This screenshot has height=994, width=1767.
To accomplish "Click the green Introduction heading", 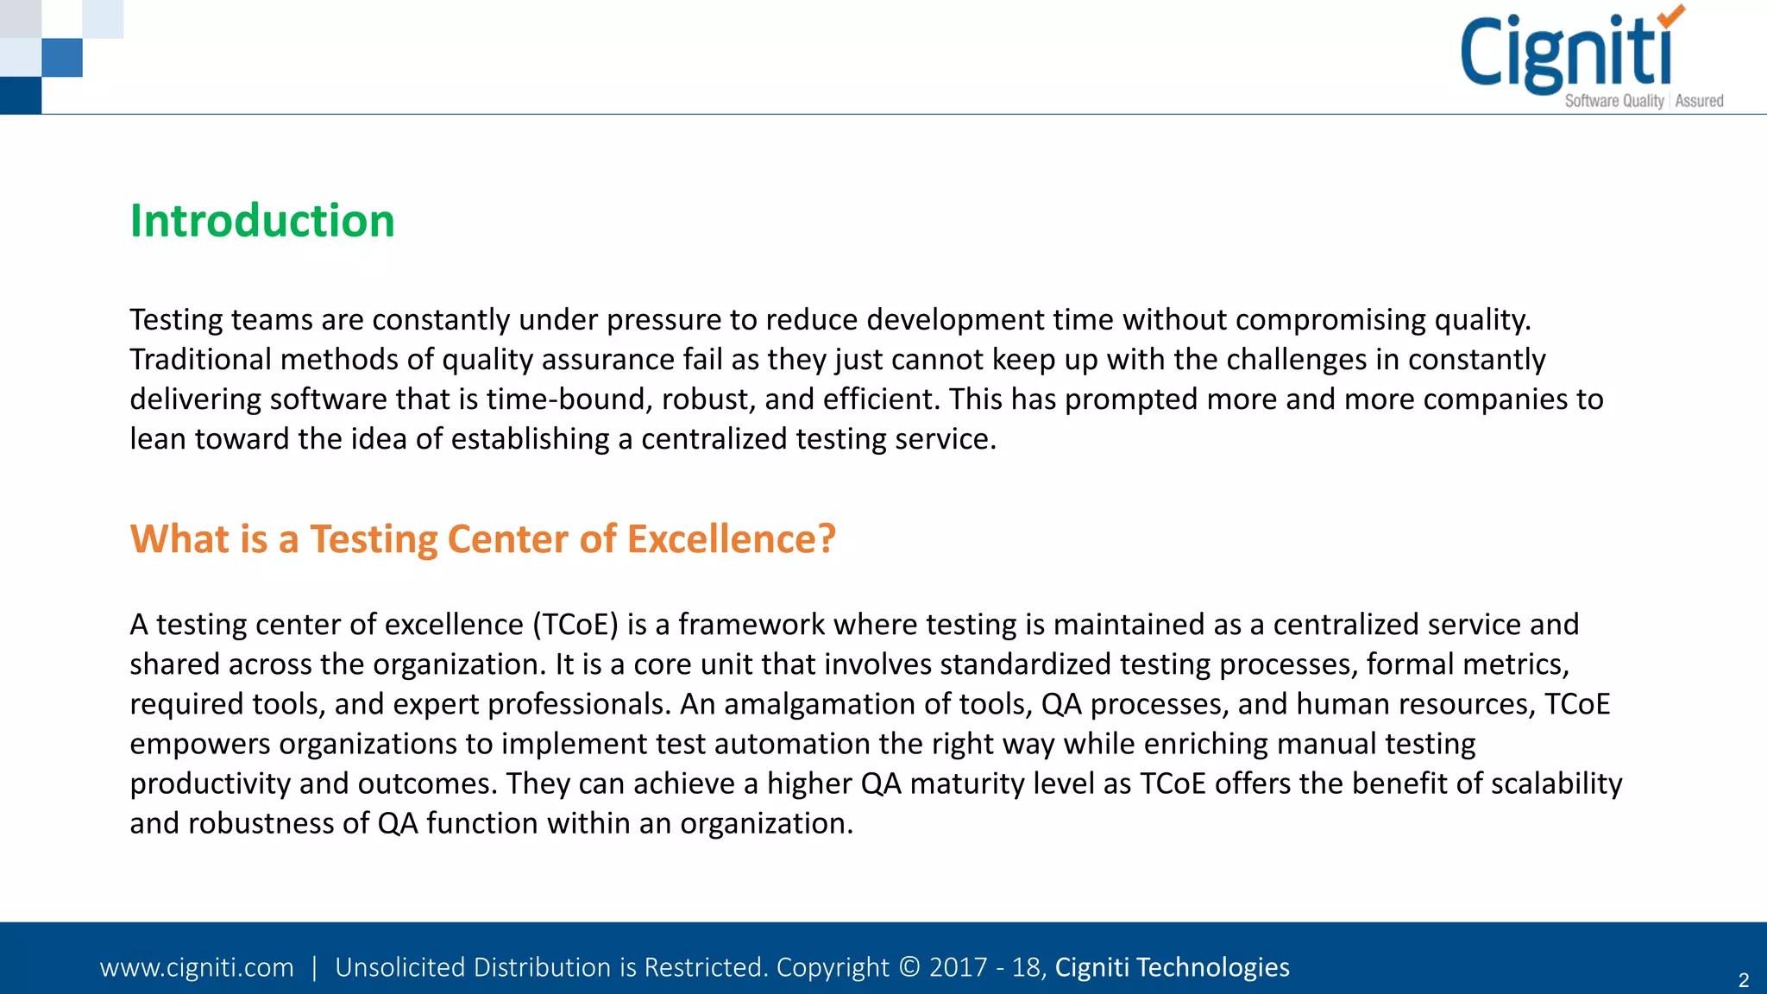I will (262, 221).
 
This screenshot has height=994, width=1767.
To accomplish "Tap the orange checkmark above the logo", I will (1671, 15).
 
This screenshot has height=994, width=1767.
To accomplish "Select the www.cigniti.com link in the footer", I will (197, 967).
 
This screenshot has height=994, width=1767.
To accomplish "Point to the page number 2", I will (1743, 980).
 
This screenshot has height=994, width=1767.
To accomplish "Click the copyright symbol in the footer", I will (909, 967).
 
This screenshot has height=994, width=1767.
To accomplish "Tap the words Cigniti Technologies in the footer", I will (1172, 967).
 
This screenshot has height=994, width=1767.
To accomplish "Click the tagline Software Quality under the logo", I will (1613, 101).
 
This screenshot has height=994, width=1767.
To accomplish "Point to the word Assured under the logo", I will (1699, 101).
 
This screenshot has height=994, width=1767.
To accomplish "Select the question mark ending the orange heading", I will (827, 538).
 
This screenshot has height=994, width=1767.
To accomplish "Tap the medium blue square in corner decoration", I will (62, 58).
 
